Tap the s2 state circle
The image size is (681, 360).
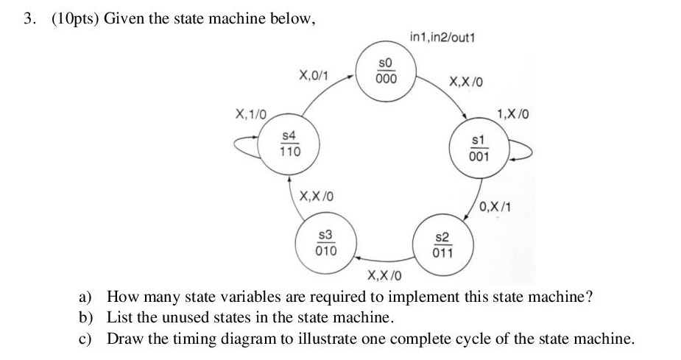coord(443,244)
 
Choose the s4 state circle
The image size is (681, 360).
coord(289,144)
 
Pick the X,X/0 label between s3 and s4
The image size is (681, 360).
coord(317,197)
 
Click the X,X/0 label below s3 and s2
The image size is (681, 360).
coord(385,276)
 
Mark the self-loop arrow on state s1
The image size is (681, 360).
coord(520,151)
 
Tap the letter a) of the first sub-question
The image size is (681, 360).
coord(86,297)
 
